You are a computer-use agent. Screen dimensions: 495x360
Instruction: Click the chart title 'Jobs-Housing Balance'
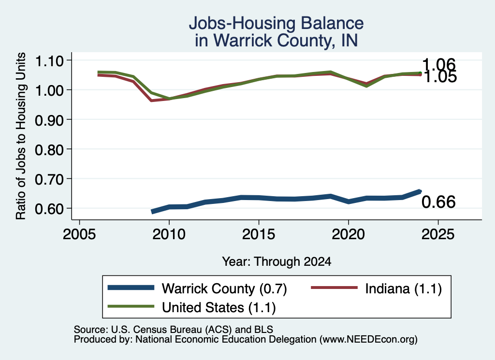pyautogui.click(x=276, y=23)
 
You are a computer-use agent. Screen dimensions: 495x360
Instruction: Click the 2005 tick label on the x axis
pyautogui.click(x=80, y=234)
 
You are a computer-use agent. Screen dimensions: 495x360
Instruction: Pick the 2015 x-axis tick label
pyautogui.click(x=259, y=234)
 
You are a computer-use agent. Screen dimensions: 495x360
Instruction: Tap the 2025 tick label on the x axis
pyautogui.click(x=438, y=234)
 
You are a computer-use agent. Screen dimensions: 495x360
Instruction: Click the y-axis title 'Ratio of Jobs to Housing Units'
pyautogui.click(x=21, y=136)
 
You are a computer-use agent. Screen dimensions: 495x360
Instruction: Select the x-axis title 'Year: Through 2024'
pyautogui.click(x=277, y=261)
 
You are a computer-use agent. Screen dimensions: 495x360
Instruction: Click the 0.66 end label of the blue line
pyautogui.click(x=438, y=202)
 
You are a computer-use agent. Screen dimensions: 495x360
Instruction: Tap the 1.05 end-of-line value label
pyautogui.click(x=440, y=77)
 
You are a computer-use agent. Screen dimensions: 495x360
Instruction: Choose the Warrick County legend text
pyautogui.click(x=224, y=288)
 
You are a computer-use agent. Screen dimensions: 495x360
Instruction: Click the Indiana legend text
pyautogui.click(x=404, y=288)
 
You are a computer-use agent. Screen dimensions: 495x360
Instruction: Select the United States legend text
pyautogui.click(x=219, y=308)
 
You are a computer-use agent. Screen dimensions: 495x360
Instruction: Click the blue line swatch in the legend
pyautogui.click(x=131, y=288)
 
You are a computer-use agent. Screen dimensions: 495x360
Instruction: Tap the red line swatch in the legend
pyautogui.click(x=335, y=288)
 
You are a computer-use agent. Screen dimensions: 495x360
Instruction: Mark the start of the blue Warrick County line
pyautogui.click(x=152, y=212)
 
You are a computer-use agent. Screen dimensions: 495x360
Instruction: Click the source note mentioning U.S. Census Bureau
pyautogui.click(x=174, y=330)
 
